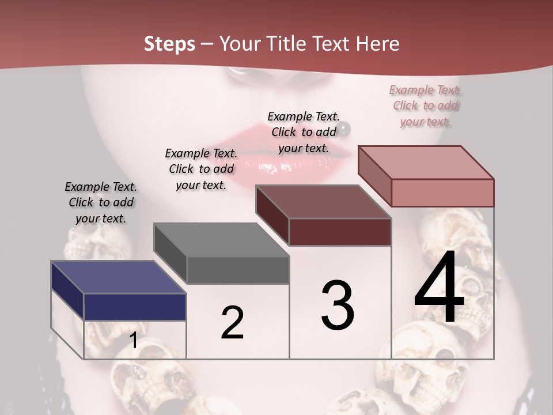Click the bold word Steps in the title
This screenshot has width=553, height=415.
pos(169,44)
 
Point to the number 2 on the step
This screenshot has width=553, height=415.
pos(233,323)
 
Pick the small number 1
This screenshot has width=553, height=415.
pos(133,341)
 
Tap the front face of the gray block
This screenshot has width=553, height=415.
pos(238,270)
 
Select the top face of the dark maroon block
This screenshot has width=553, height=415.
pos(323,202)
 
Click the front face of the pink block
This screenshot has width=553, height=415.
pos(442,193)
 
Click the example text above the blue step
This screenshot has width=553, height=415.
pos(101,202)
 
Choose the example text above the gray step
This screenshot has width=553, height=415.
pos(201,169)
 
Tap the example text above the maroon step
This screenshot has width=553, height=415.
pos(304,132)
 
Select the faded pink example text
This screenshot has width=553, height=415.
pos(426,105)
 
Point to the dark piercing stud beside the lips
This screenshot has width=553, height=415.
pos(344,127)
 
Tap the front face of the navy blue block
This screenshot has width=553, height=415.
pos(135,307)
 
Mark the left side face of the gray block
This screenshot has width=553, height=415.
pos(170,253)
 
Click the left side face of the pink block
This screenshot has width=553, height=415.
pos(374,176)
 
